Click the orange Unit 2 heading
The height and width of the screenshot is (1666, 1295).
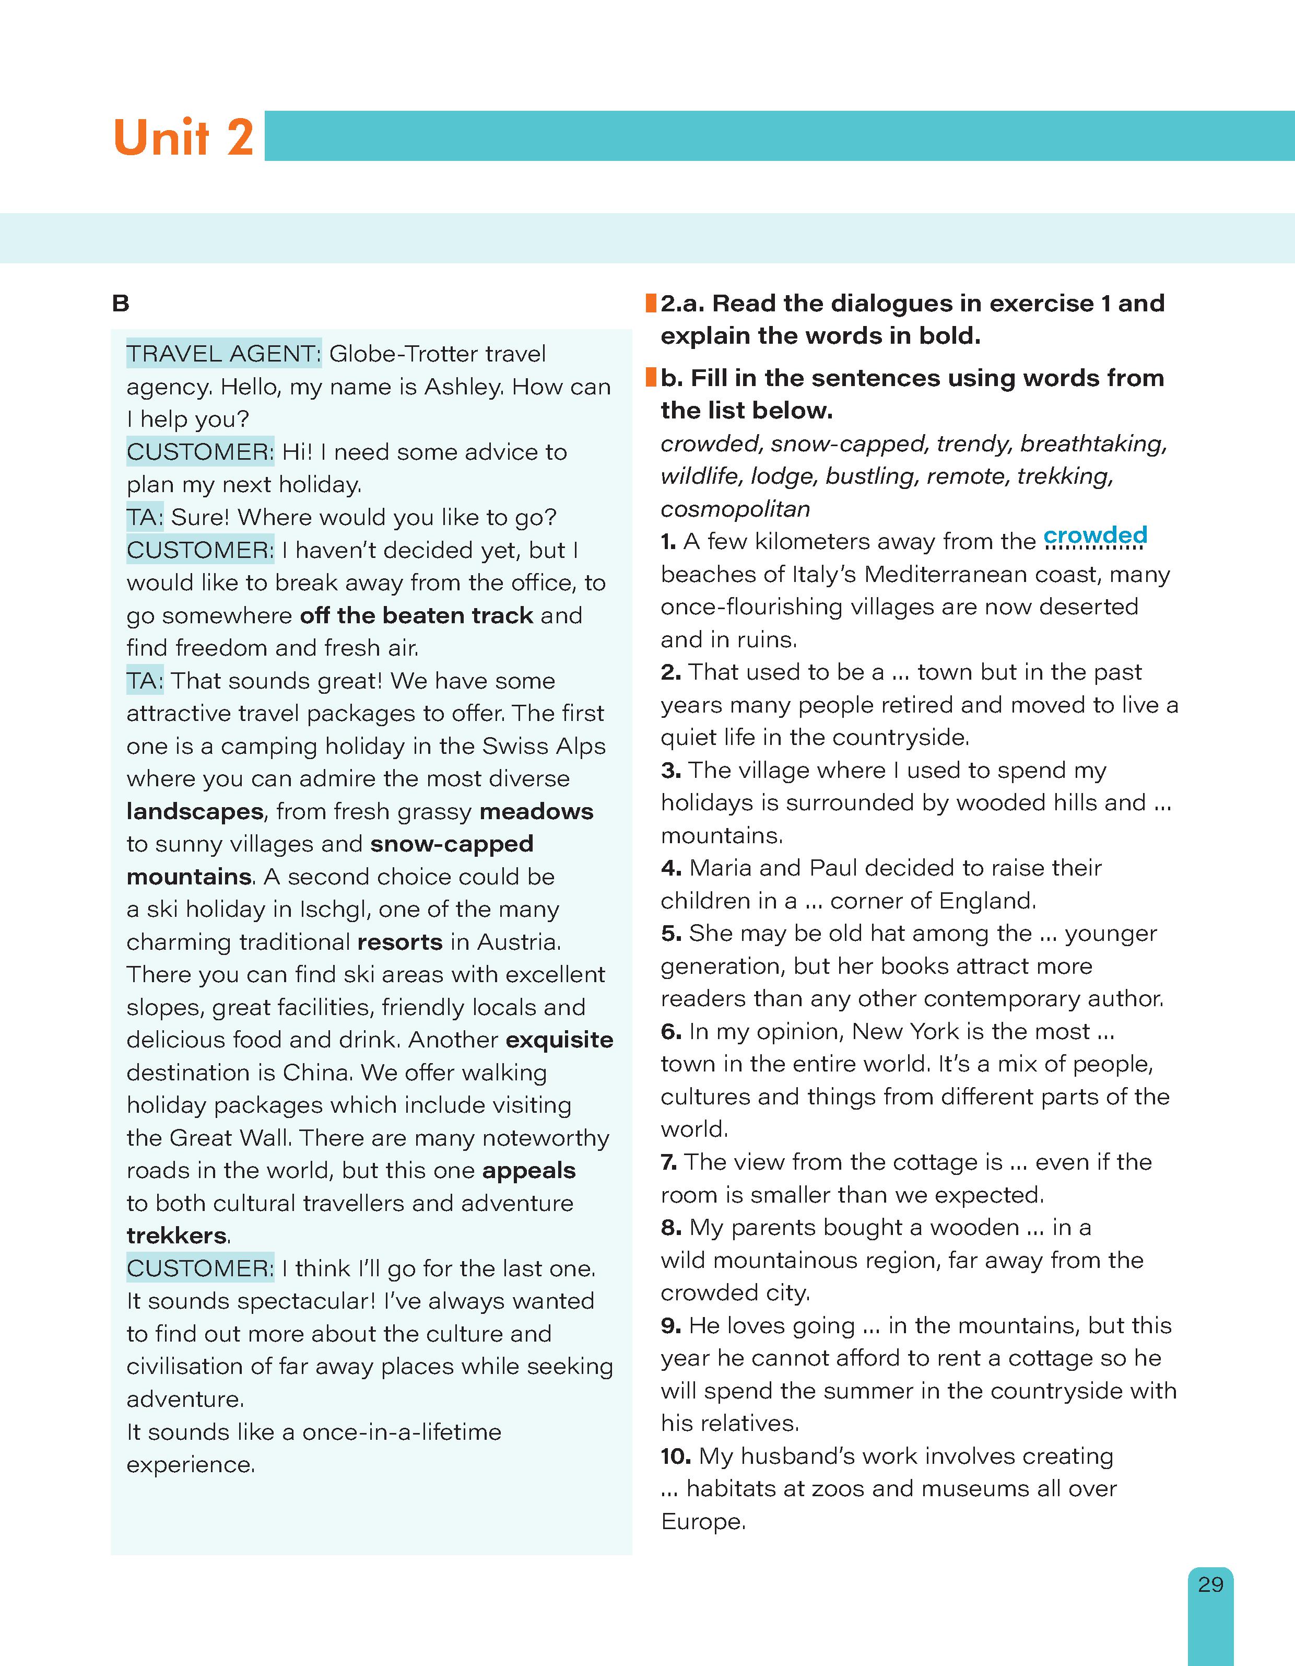point(183,137)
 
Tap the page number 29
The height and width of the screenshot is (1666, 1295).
point(1210,1585)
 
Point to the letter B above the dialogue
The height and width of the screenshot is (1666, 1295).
point(121,304)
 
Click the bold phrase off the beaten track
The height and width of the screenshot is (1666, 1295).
point(416,615)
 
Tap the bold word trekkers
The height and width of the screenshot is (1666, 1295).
point(177,1236)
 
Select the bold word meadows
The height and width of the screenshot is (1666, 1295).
point(536,812)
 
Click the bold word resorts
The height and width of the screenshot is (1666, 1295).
point(399,942)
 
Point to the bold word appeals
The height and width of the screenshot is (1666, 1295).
point(528,1170)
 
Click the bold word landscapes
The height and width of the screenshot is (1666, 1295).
point(194,812)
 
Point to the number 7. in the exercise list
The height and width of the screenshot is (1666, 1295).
point(669,1162)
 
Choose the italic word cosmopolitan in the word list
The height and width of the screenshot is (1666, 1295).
point(735,509)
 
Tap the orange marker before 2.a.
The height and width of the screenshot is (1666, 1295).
point(651,304)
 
